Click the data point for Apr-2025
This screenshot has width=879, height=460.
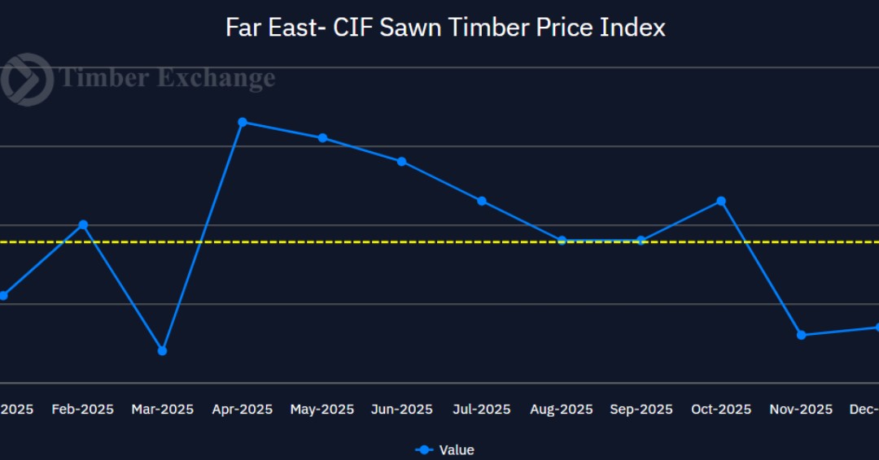[x=243, y=122]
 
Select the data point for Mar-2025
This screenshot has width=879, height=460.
[x=162, y=350]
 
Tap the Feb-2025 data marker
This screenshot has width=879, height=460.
[x=83, y=224]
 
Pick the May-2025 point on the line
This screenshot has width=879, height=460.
[x=322, y=138]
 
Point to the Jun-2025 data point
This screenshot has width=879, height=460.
[x=401, y=161]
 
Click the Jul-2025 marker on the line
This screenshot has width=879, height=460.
[x=482, y=201]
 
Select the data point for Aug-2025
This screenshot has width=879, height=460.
[x=562, y=240]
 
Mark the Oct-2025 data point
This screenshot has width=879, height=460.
[x=721, y=201]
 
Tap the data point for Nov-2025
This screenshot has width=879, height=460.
[x=801, y=335]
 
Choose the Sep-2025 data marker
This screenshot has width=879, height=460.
[x=641, y=240]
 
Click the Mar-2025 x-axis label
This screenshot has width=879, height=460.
[x=163, y=410]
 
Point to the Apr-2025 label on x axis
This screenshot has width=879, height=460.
[x=243, y=410]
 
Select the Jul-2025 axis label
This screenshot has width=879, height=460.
[x=482, y=410]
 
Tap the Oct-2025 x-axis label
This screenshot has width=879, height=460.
[x=721, y=410]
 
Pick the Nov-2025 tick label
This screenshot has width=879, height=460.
[x=801, y=410]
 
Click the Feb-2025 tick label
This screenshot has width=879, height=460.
[x=83, y=410]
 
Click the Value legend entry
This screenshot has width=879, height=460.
[x=445, y=449]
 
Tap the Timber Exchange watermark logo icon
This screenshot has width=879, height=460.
[x=26, y=79]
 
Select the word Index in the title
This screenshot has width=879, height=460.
[x=632, y=28]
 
